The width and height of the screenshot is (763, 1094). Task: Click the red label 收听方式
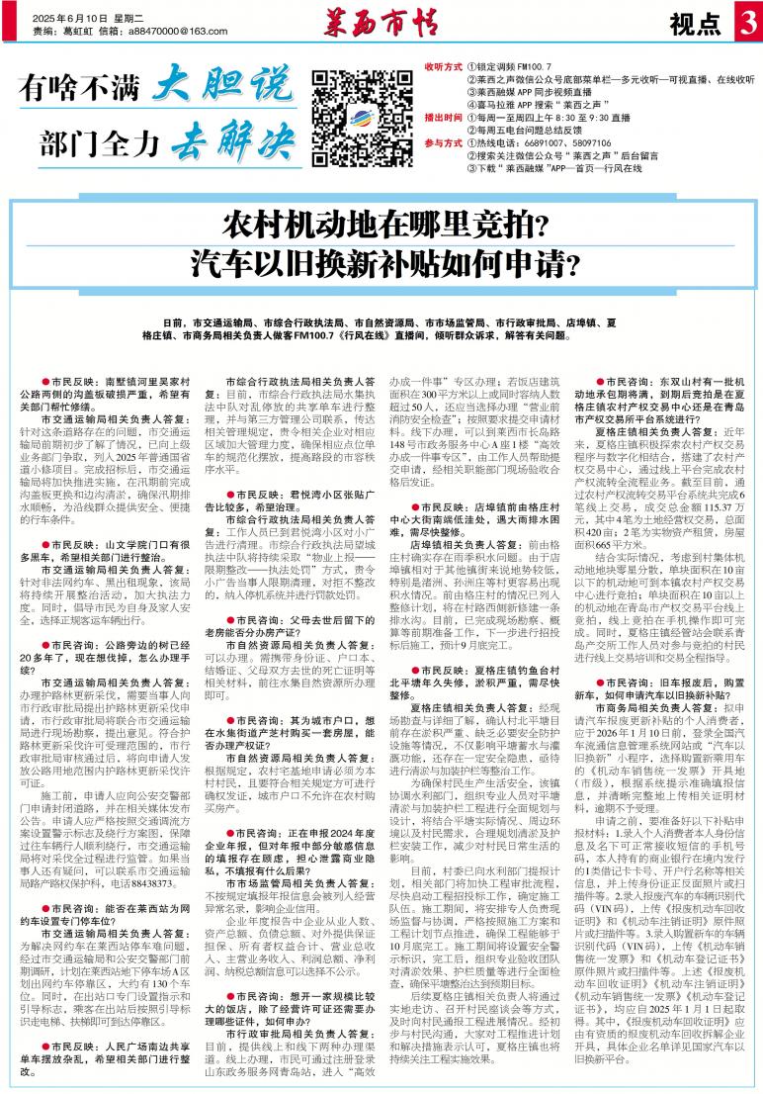tap(443, 66)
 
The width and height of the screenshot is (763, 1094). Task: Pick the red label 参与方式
tap(443, 143)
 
